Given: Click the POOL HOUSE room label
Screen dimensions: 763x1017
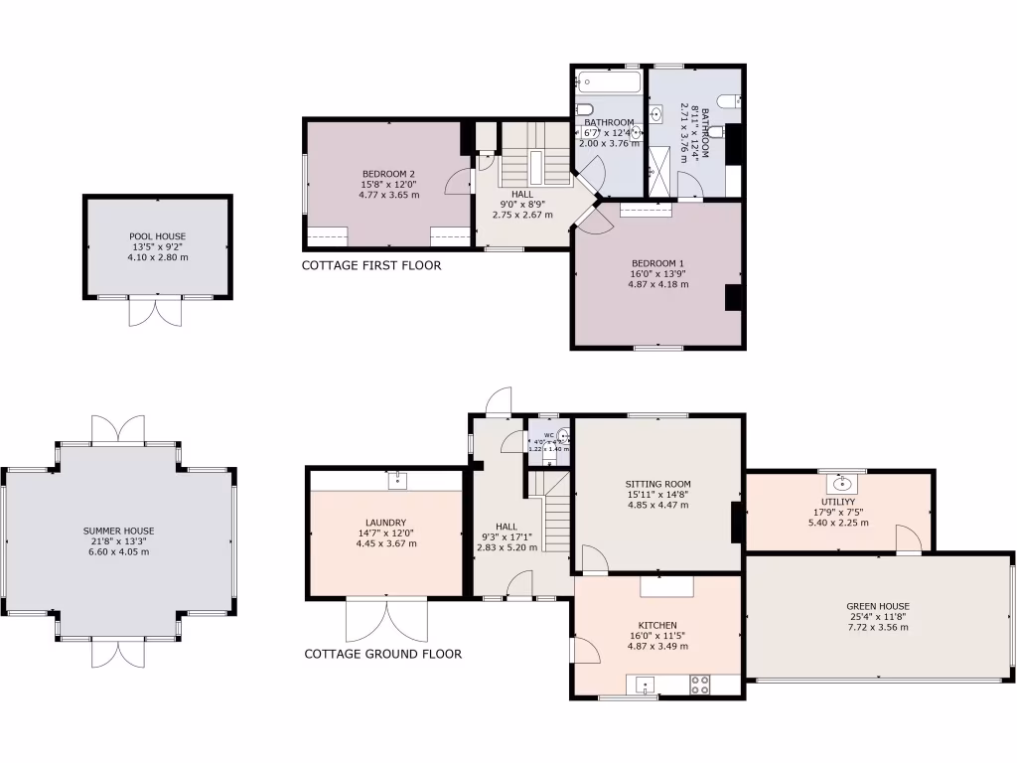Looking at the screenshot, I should tap(157, 236).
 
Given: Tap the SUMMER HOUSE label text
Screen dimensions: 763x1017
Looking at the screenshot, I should tap(118, 531).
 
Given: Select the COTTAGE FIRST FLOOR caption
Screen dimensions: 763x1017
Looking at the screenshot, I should tap(371, 266).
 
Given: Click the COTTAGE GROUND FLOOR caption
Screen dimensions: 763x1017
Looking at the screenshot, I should tap(382, 654).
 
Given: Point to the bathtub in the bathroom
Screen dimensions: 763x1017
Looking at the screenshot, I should tap(607, 77).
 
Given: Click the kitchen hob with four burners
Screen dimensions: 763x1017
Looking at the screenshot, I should tap(699, 685).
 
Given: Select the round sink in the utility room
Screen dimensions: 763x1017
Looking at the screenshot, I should tap(843, 484).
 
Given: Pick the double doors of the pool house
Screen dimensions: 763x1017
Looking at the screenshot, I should tap(156, 311).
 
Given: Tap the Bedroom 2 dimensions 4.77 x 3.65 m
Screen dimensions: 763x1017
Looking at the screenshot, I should tap(388, 196).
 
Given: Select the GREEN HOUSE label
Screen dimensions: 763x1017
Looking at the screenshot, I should tap(877, 606).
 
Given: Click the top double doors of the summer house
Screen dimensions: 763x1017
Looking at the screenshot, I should tap(118, 430).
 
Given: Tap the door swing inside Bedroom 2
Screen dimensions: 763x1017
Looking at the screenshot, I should tap(456, 181).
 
